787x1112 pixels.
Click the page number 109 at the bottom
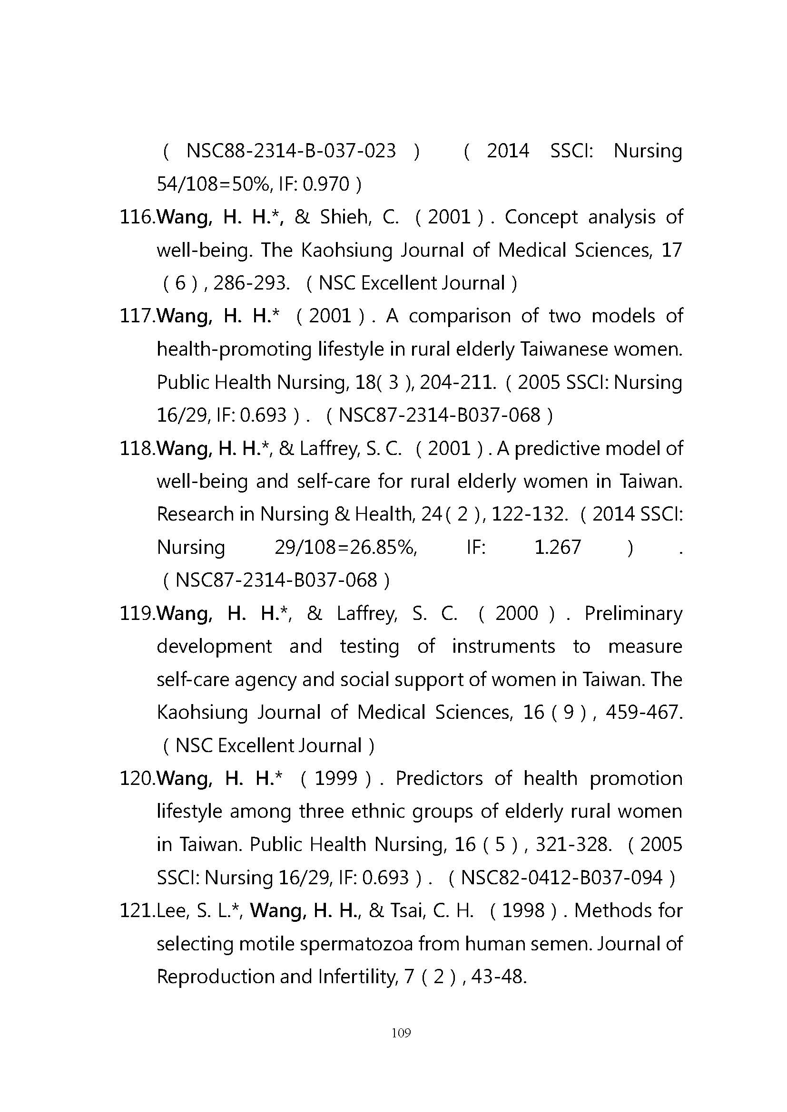[x=401, y=1033]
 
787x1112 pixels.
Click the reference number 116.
[x=136, y=217]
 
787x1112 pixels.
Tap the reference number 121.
[x=136, y=911]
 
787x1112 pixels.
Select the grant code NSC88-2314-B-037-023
[x=291, y=151]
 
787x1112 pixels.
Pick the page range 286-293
[x=252, y=283]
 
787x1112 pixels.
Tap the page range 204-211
[x=458, y=383]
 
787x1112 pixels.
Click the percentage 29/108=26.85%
[x=345, y=548]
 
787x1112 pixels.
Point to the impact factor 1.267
[x=557, y=548]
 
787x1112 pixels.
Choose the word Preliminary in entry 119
[x=633, y=614]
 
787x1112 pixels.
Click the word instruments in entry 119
[x=503, y=647]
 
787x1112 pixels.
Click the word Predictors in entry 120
[x=439, y=779]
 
